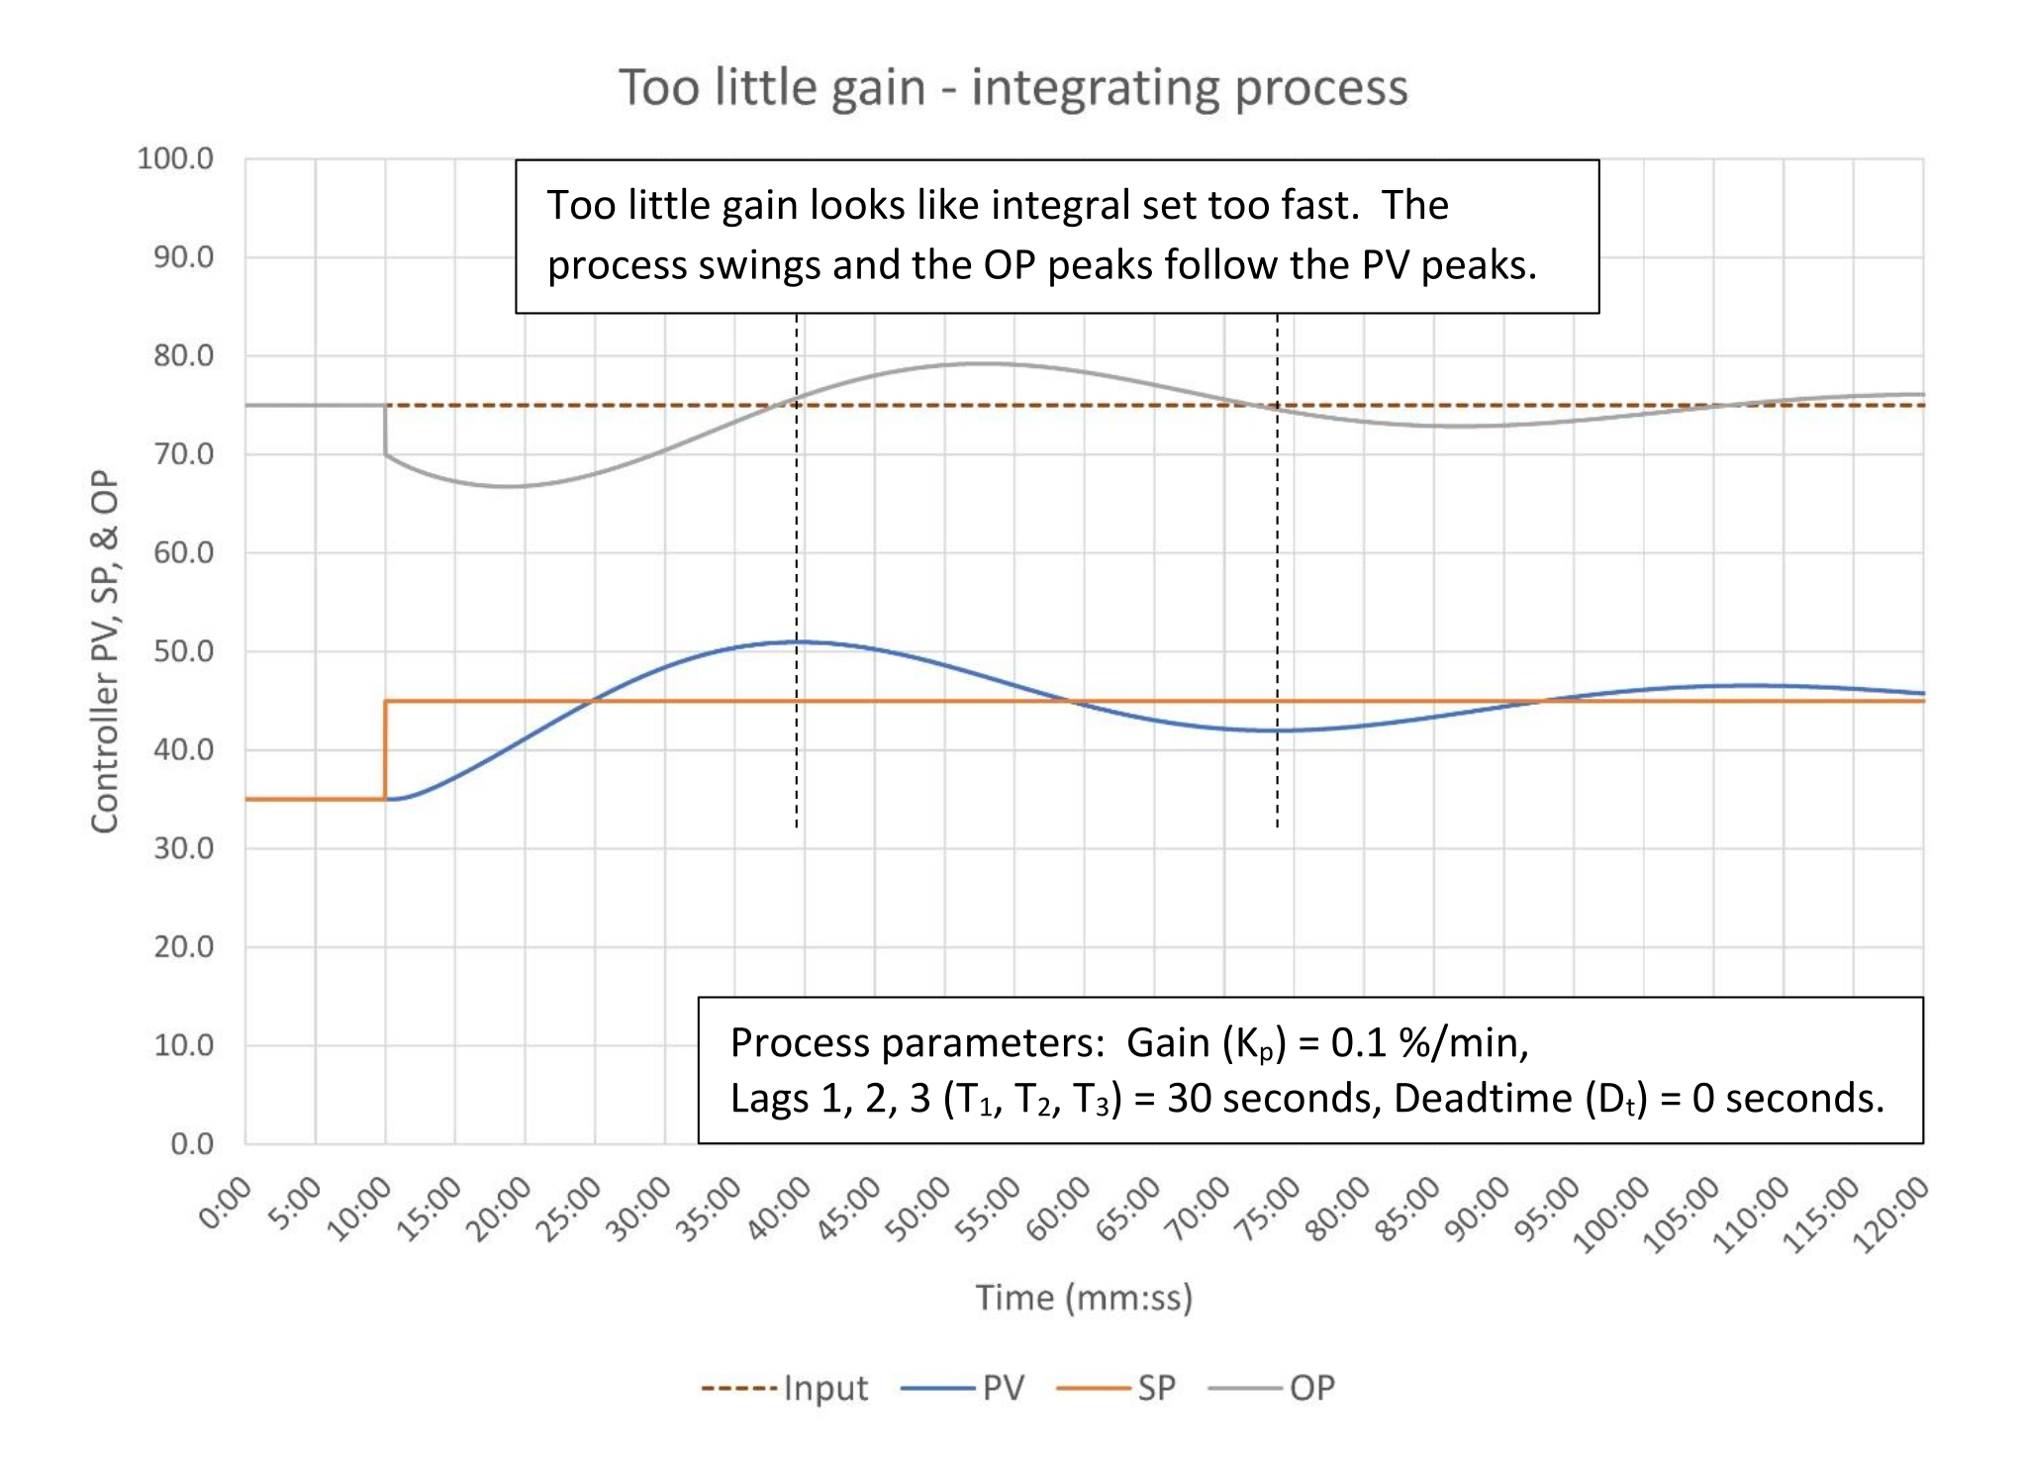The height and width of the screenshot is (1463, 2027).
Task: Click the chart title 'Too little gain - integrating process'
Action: point(1013,87)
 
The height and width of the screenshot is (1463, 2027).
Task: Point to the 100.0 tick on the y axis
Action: point(175,158)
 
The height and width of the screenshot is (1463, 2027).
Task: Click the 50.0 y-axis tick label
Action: point(183,651)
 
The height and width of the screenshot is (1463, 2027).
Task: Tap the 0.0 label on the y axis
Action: point(191,1144)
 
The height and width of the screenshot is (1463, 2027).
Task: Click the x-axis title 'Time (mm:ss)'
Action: point(1084,1297)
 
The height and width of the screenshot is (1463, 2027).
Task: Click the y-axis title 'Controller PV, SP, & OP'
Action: point(105,651)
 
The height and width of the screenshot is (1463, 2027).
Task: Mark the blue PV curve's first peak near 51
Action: point(797,641)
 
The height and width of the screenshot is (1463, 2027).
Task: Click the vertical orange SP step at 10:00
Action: point(385,749)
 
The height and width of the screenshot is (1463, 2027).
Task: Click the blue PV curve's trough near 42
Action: point(1272,731)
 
